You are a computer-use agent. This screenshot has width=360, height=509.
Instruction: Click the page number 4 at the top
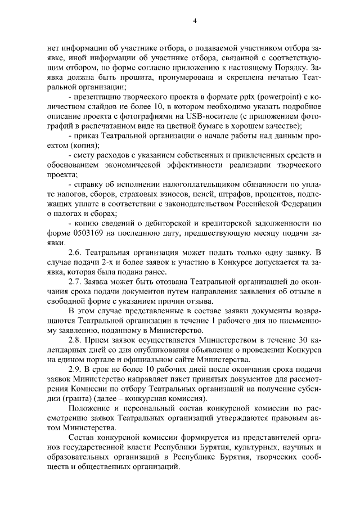tap(194, 21)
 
